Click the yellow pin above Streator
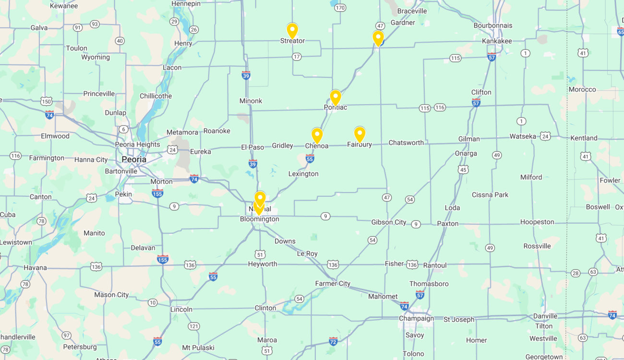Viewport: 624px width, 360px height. (x=292, y=30)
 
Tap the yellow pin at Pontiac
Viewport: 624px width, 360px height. (x=336, y=97)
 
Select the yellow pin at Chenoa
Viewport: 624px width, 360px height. (x=317, y=135)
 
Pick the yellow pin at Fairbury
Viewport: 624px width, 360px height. (x=360, y=134)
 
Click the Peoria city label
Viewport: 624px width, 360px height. (x=134, y=159)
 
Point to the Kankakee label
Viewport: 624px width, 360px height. (x=497, y=41)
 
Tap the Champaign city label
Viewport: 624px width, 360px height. (x=416, y=319)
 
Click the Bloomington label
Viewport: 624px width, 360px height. (x=259, y=219)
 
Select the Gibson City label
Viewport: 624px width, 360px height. (x=389, y=222)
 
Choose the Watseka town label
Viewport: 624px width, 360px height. (x=523, y=136)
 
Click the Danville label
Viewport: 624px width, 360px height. (x=545, y=316)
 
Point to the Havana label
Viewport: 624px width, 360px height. (x=35, y=268)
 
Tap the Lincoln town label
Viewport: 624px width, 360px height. (x=181, y=310)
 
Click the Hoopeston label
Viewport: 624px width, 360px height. (x=537, y=222)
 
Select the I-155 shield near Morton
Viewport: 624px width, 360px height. (x=157, y=193)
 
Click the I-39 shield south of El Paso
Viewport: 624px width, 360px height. (x=253, y=164)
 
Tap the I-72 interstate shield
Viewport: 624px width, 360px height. (x=333, y=341)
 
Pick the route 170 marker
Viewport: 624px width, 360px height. (x=340, y=8)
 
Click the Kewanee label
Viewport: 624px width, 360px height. (x=63, y=6)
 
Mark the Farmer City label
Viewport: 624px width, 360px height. (x=333, y=284)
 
